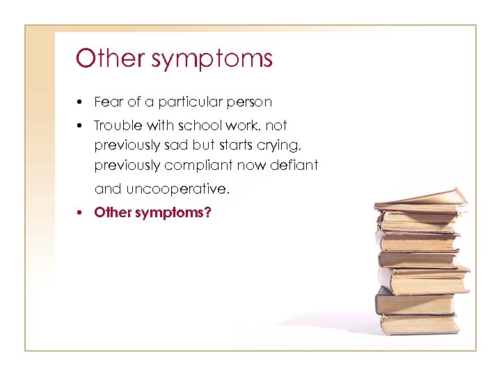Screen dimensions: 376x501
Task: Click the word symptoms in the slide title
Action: pyautogui.click(x=212, y=60)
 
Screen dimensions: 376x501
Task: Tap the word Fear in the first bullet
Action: pyautogui.click(x=108, y=102)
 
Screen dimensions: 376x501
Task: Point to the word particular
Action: pyautogui.click(x=186, y=103)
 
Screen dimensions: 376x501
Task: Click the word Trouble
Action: pyautogui.click(x=116, y=125)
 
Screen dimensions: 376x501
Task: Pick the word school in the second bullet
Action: pyautogui.click(x=195, y=125)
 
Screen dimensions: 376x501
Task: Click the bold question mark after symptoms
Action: pyautogui.click(x=207, y=212)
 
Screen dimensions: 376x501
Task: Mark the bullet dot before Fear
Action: pyautogui.click(x=81, y=103)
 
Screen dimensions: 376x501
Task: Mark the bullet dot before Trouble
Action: pyautogui.click(x=81, y=126)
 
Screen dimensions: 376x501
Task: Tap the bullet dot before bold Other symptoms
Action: pyautogui.click(x=81, y=212)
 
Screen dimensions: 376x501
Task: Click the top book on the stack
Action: pyautogui.click(x=422, y=198)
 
